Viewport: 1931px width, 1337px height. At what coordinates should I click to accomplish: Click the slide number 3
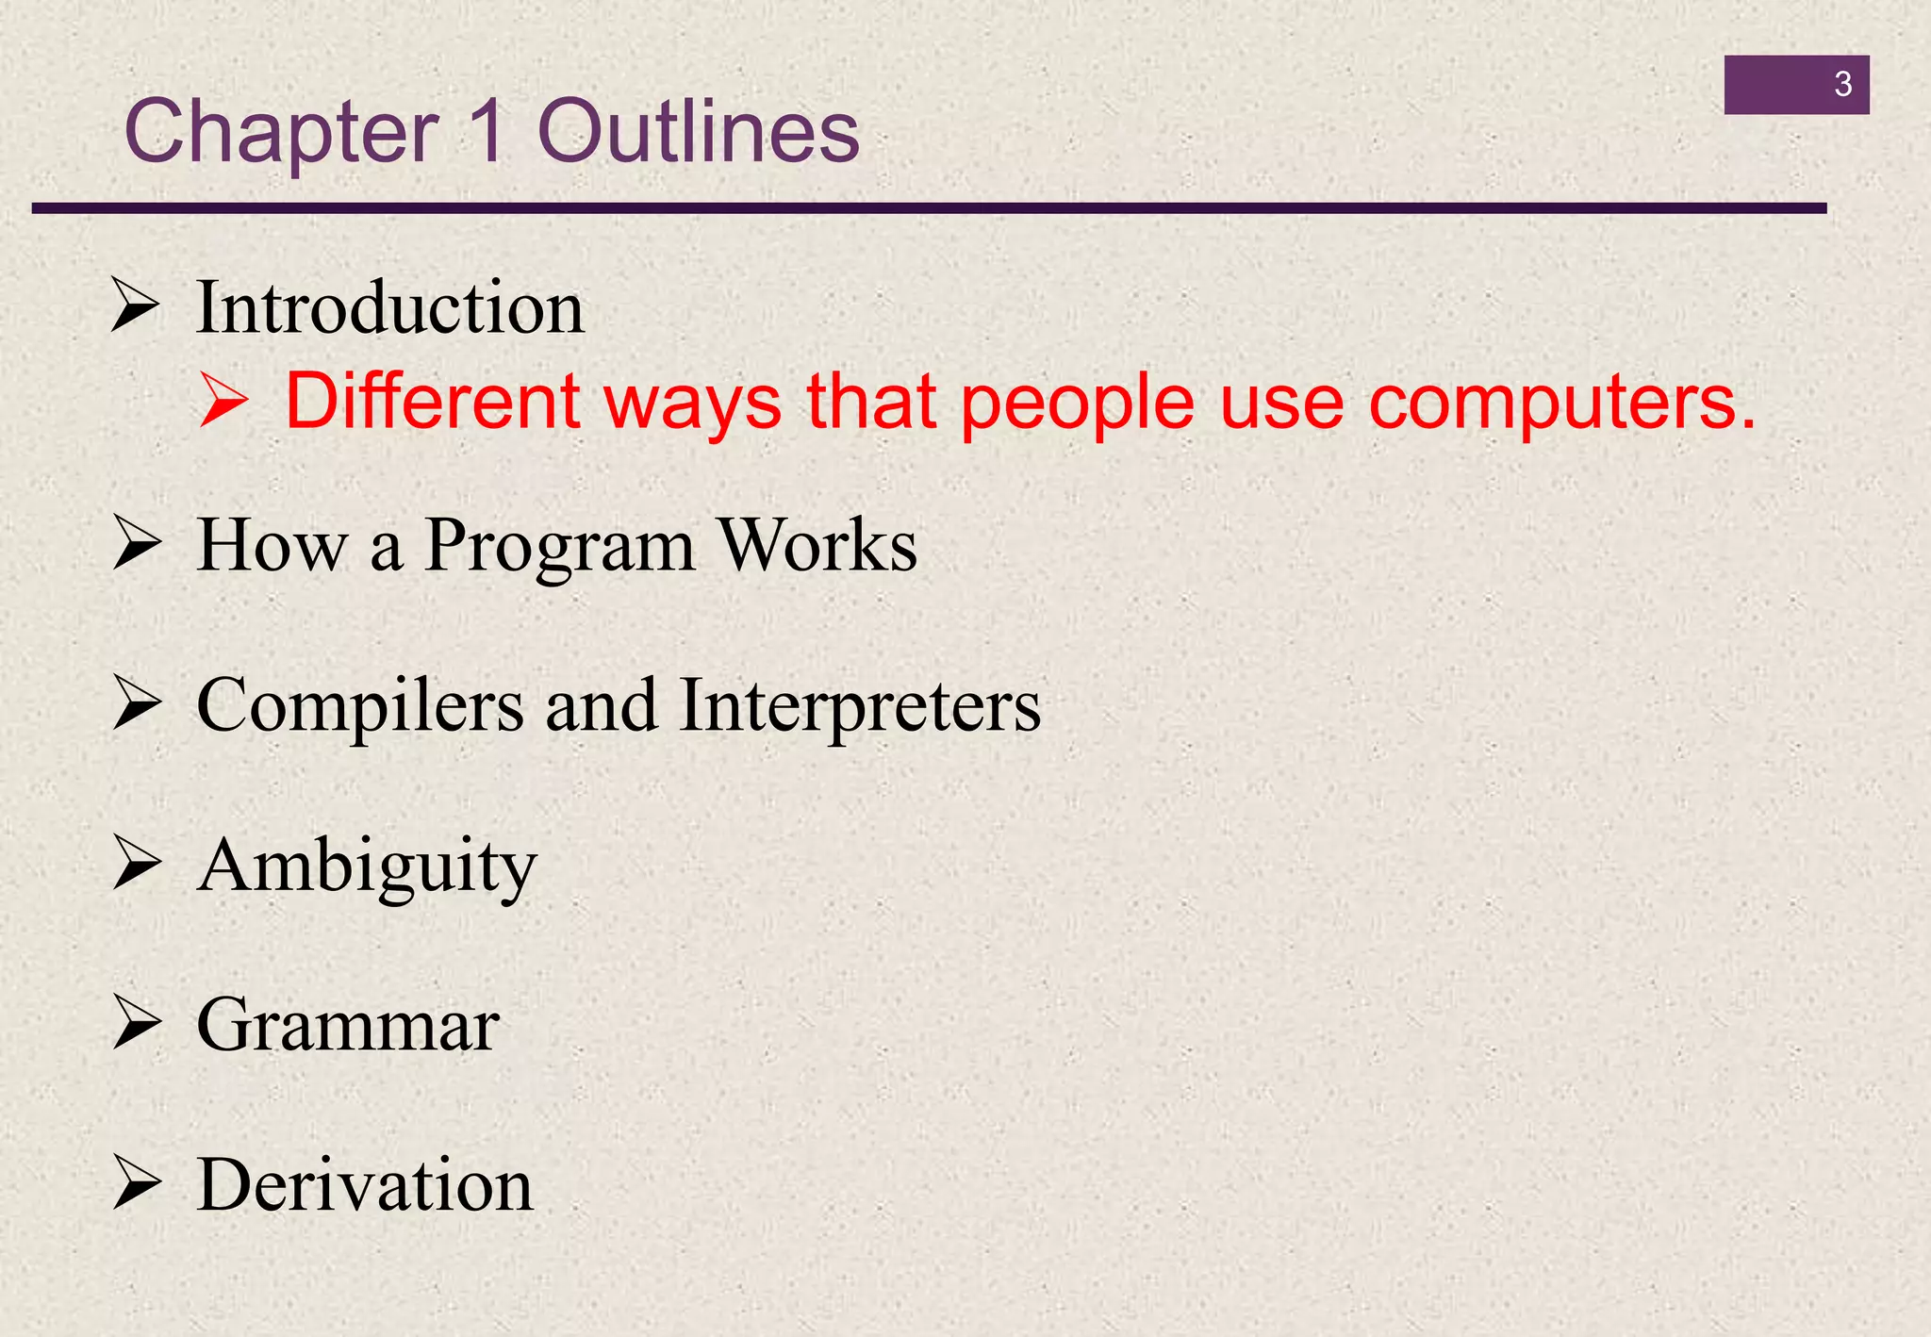[1842, 85]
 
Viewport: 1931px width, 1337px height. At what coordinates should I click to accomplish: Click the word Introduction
[389, 308]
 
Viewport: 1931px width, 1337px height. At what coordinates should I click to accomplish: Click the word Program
[559, 547]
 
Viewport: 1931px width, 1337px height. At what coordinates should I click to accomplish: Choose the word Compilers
[359, 706]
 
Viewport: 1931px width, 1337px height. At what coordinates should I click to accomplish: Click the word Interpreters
[859, 706]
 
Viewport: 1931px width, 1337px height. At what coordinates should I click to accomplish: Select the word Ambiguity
[367, 867]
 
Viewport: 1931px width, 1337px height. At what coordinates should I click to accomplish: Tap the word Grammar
[348, 1026]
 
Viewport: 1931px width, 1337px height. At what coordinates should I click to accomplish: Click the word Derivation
[365, 1185]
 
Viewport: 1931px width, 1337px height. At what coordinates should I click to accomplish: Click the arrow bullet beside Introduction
[135, 305]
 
